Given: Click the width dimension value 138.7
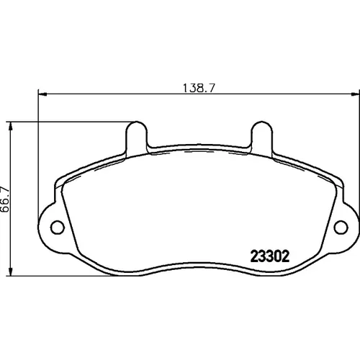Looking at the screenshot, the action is click(199, 88).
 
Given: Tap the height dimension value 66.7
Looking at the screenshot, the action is click(5, 199).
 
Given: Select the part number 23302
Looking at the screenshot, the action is click(270, 256).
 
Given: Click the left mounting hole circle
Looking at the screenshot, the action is click(58, 227).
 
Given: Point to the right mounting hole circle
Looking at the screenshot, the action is click(341, 227).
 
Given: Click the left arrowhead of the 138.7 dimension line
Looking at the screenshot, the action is click(42, 94).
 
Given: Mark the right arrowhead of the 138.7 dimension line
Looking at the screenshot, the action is click(356, 94).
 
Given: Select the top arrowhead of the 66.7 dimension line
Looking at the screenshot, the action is click(10, 126).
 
